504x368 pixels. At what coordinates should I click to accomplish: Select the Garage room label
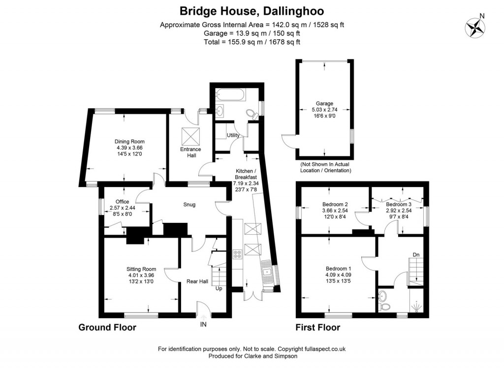324,103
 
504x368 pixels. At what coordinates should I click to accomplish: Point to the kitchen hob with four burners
237,254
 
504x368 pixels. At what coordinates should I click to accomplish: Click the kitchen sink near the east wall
268,271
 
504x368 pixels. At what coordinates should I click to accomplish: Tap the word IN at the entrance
203,324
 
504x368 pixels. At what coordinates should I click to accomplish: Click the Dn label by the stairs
416,255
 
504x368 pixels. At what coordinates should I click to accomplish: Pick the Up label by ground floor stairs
218,288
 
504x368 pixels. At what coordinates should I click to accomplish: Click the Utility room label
233,135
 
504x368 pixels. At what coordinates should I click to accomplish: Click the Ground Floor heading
107,327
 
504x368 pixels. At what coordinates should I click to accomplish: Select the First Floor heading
317,327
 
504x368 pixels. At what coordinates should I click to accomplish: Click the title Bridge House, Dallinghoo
252,11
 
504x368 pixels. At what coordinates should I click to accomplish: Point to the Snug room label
189,205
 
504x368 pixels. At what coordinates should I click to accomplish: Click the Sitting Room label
141,269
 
